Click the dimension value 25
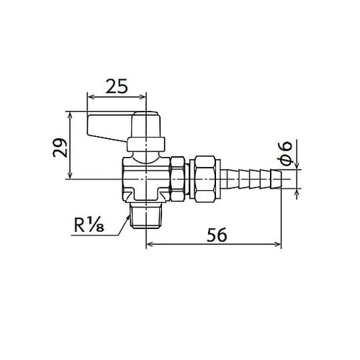116,86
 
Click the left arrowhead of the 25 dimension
90,99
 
